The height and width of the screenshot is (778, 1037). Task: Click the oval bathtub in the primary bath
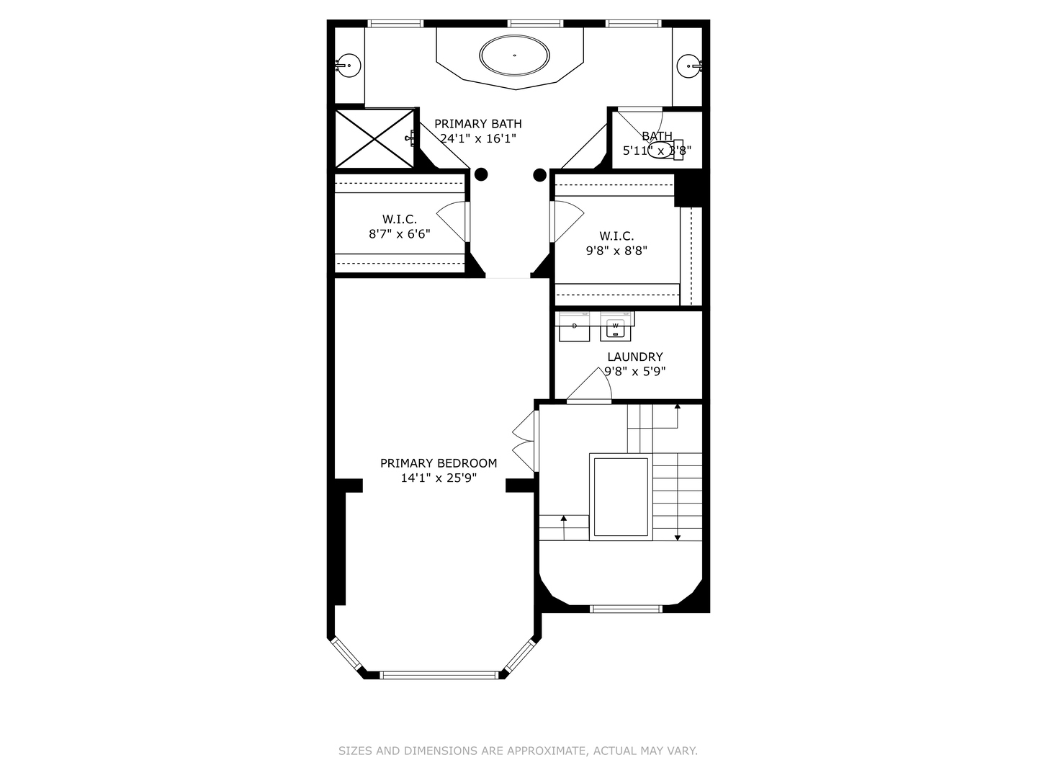[515, 55]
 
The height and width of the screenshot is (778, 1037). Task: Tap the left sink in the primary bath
[349, 66]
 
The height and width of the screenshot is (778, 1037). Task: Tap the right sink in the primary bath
[688, 66]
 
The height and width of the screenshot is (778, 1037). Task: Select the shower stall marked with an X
[375, 138]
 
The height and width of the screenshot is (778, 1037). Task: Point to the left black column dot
[481, 174]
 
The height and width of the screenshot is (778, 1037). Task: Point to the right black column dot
[539, 174]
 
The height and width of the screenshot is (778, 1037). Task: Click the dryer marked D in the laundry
[574, 327]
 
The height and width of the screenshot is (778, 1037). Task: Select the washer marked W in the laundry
[615, 327]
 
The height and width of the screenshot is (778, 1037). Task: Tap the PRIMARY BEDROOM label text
[439, 463]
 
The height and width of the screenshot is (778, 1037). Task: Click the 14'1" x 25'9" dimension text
[439, 478]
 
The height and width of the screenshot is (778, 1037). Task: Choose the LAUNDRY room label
[634, 357]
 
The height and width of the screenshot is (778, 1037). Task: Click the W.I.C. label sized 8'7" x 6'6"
[400, 219]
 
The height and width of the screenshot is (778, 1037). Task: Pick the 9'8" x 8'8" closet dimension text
[616, 251]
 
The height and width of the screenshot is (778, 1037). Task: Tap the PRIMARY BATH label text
[477, 124]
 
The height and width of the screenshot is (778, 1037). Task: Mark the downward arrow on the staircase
[678, 536]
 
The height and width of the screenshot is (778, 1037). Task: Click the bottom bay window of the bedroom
[439, 675]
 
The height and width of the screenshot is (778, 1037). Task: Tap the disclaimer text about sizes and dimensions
[518, 751]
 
